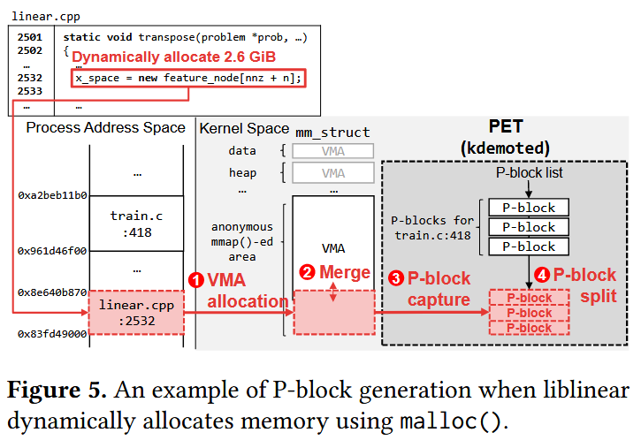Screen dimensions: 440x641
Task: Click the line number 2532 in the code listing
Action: [x=31, y=78]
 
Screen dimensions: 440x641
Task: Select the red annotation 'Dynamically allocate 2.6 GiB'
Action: [x=174, y=57]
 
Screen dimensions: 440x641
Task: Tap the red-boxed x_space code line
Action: [x=188, y=78]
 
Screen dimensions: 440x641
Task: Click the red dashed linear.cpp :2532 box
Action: [x=136, y=312]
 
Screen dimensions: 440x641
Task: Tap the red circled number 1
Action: [x=197, y=279]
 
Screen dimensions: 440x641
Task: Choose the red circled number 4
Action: [x=543, y=275]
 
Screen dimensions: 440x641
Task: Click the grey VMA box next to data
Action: [x=333, y=151]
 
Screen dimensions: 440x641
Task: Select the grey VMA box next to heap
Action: [x=333, y=173]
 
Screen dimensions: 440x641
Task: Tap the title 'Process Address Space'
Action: [x=105, y=128]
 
